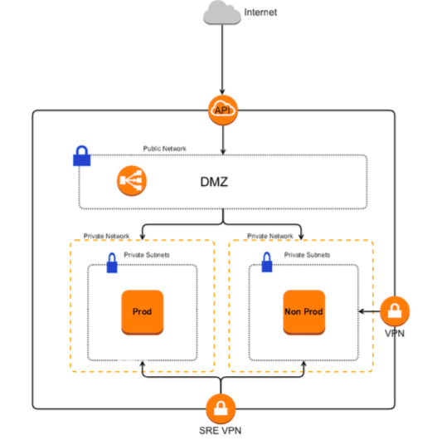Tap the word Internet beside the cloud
[x=261, y=12]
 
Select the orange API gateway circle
[x=221, y=110]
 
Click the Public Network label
[x=165, y=149]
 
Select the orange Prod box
[x=142, y=312]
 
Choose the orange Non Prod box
[x=303, y=312]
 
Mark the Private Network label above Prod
[x=106, y=237]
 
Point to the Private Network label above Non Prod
[x=269, y=237]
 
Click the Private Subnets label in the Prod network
[x=146, y=255]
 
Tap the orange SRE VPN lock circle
[x=221, y=408]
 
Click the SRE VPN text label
[x=221, y=433]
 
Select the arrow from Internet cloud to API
[x=221, y=62]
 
